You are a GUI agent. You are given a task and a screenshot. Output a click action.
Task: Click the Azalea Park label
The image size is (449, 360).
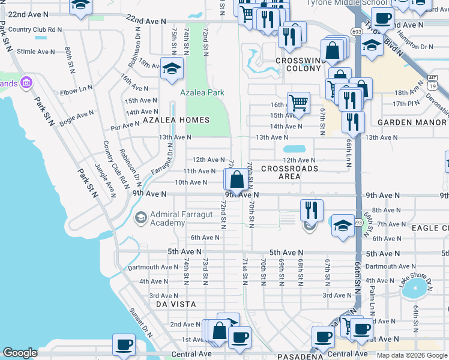tap(202, 93)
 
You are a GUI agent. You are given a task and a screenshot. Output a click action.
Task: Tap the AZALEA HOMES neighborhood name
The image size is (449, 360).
tap(176, 120)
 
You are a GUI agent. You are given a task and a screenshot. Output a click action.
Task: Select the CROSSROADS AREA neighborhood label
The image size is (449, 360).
tap(289, 172)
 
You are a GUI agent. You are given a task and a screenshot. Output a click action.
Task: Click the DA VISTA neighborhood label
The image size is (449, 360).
tap(176, 304)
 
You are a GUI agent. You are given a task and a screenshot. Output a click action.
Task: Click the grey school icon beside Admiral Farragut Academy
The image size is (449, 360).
tap(140, 217)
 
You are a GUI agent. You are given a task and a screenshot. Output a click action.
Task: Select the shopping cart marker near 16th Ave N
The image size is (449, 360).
tap(298, 102)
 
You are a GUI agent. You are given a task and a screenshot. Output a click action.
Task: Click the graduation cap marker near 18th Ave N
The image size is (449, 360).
tap(172, 67)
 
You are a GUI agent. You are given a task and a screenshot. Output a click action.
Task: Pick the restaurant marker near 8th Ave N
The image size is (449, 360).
tap(312, 209)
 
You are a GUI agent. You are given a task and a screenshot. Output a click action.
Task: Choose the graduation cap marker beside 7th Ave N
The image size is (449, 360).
tap(342, 226)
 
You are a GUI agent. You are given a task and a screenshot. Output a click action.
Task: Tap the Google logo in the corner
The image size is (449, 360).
tap(20, 353)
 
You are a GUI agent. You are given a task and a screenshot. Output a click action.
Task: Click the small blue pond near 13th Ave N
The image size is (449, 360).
tap(294, 149)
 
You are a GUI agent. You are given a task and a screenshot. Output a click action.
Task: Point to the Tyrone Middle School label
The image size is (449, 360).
tap(339, 3)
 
